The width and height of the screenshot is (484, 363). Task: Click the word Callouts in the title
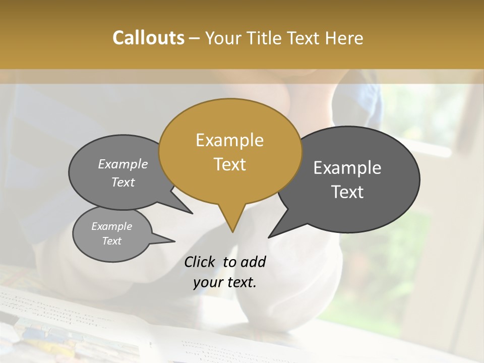point(148,38)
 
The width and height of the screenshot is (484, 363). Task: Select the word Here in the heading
point(345,38)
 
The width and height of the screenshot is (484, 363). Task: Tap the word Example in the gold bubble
point(229,140)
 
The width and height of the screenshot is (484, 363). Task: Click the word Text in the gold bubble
point(229,164)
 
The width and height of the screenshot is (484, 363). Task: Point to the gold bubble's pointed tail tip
point(232,232)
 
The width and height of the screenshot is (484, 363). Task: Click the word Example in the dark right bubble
point(347,168)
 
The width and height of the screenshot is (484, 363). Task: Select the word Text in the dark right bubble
point(347,192)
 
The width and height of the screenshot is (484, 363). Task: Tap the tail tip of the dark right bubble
point(269,237)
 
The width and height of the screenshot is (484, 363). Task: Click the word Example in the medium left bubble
point(123,164)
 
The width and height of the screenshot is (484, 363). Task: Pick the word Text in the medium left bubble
point(123,182)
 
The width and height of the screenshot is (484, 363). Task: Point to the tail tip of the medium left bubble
point(192,213)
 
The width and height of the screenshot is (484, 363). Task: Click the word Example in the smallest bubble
point(111,226)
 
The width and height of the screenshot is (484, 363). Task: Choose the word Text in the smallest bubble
point(111,241)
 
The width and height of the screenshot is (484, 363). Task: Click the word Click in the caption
point(200,262)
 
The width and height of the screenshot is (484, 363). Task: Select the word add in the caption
point(253,262)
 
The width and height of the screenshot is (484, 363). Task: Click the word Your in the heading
point(222,38)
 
